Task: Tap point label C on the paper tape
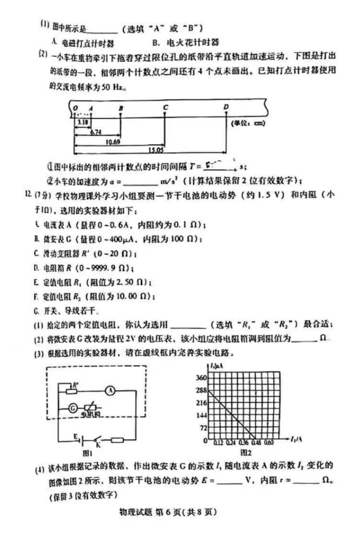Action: [x=166, y=108]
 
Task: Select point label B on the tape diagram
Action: [x=121, y=108]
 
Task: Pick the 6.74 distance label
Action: [x=96, y=131]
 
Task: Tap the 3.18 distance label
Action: [x=83, y=122]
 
